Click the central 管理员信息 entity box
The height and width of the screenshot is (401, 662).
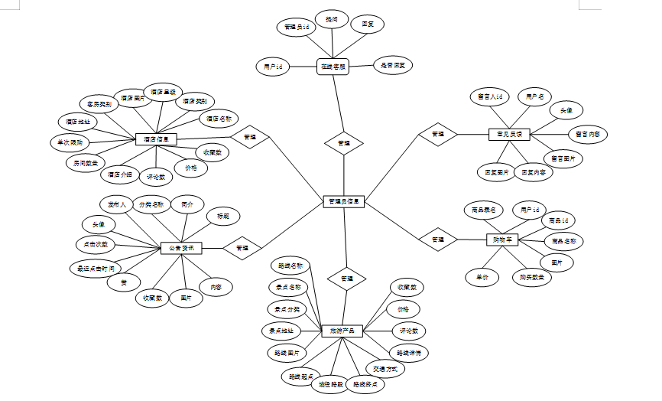(345, 201)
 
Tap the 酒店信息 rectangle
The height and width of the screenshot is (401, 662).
(157, 139)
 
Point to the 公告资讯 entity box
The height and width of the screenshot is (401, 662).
(181, 248)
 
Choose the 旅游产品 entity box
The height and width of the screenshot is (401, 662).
(341, 331)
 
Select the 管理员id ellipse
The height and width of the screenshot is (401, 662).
(296, 27)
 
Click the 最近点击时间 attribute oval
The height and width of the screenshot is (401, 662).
(95, 268)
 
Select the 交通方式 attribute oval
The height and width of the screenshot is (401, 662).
(385, 369)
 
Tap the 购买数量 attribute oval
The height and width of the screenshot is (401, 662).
(532, 277)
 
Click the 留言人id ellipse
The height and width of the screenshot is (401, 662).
(488, 97)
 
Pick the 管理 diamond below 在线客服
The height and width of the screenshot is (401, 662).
(344, 143)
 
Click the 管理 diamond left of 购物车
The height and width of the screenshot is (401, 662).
(437, 240)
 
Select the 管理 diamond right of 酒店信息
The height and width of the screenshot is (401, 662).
(250, 139)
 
